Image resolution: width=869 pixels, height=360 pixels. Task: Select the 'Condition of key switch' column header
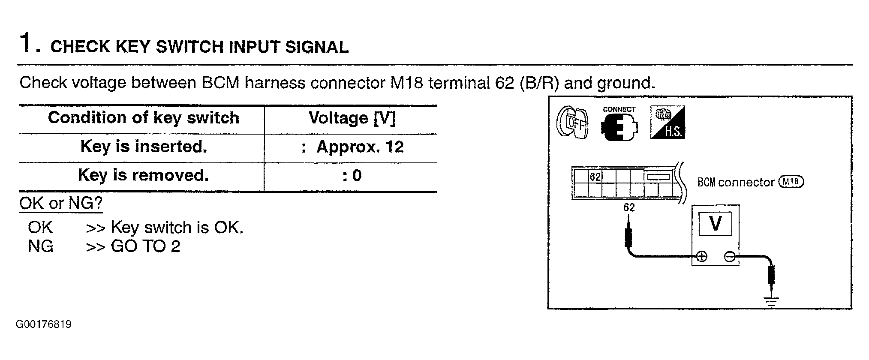pyautogui.click(x=144, y=117)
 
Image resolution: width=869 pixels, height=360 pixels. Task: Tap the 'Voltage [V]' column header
pyautogui.click(x=352, y=118)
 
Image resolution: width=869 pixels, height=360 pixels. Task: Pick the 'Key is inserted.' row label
pyautogui.click(x=144, y=147)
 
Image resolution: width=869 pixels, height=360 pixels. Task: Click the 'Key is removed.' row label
pyautogui.click(x=143, y=175)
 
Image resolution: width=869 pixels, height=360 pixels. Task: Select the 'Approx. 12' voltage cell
pyautogui.click(x=360, y=147)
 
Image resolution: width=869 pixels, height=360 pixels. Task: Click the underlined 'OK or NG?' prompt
pyautogui.click(x=61, y=203)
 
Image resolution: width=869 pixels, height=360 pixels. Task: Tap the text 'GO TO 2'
pyautogui.click(x=145, y=246)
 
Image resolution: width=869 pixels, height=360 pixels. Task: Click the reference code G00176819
pyautogui.click(x=44, y=324)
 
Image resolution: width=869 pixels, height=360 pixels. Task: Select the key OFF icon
pyautogui.click(x=572, y=124)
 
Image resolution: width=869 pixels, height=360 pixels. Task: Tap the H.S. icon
pyautogui.click(x=668, y=122)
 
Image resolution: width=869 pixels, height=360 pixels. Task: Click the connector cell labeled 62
pyautogui.click(x=595, y=176)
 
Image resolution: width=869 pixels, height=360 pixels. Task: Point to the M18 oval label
pyautogui.click(x=791, y=182)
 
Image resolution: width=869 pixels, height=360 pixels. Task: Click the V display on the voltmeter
pyautogui.click(x=715, y=223)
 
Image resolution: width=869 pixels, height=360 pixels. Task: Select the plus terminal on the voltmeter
pyautogui.click(x=701, y=257)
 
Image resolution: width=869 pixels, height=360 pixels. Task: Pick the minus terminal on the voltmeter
pyautogui.click(x=729, y=257)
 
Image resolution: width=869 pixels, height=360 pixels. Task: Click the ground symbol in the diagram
pyautogui.click(x=771, y=301)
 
